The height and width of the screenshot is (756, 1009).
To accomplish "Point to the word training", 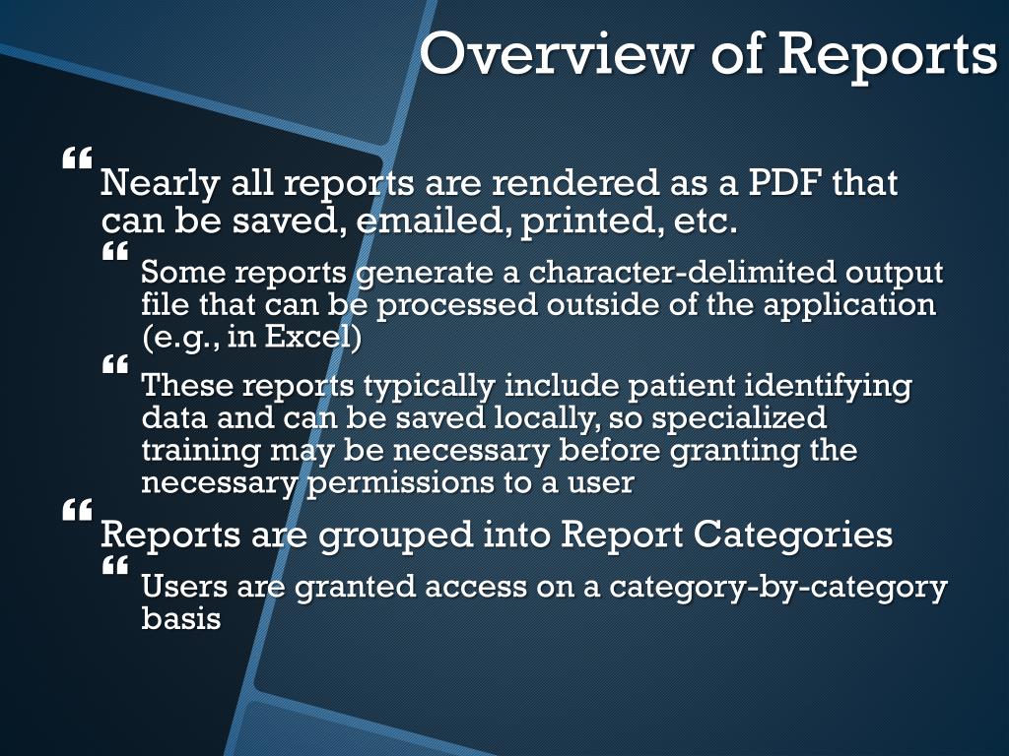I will (x=195, y=451).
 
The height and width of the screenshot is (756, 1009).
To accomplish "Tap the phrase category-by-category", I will (x=777, y=587).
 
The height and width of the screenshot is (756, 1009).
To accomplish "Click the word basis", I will (x=179, y=619).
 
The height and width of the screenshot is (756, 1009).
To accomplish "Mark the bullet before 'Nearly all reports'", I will (x=78, y=157).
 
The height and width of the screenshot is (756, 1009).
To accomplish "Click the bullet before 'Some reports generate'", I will (x=115, y=252).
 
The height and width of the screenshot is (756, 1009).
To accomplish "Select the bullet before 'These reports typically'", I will (x=115, y=365).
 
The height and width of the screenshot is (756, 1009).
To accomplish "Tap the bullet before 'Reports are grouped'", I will (x=78, y=510).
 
